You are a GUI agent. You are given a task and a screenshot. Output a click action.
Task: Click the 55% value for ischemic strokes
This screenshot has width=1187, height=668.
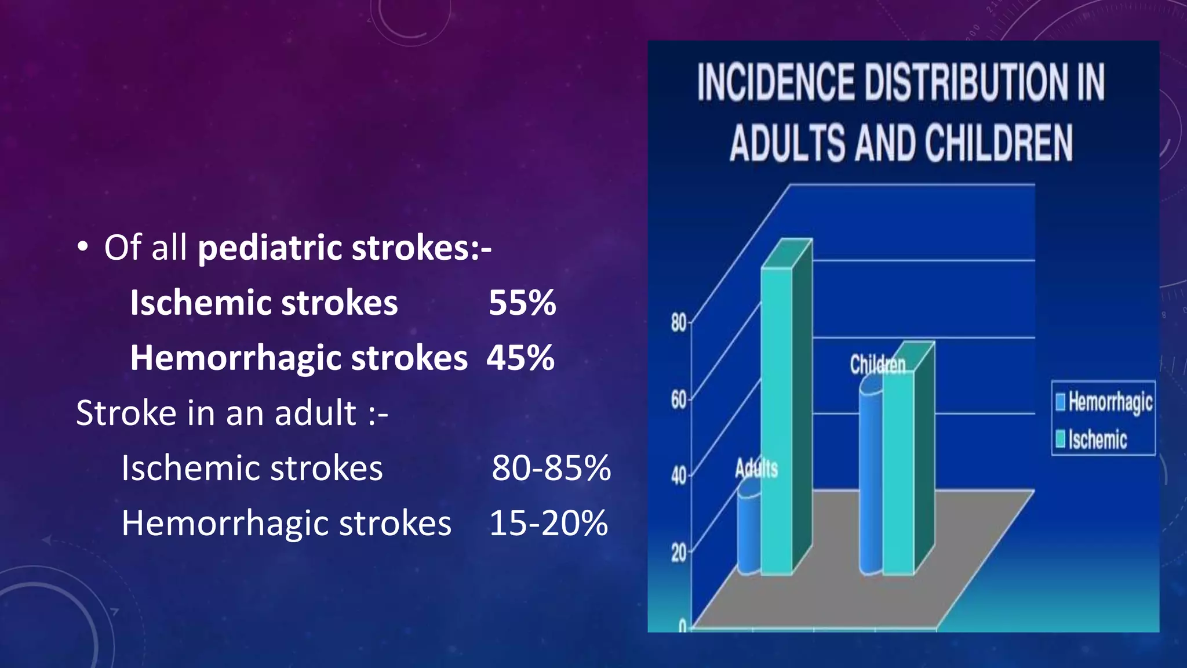point(522,303)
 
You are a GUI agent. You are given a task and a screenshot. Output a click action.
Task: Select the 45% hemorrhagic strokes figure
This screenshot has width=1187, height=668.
point(520,358)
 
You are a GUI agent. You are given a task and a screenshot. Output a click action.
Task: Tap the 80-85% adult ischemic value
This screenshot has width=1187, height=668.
point(551,468)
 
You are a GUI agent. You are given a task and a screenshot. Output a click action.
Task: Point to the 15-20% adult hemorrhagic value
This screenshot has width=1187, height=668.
point(549,523)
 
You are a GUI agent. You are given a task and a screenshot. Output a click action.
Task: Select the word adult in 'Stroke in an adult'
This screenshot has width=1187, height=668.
point(315,413)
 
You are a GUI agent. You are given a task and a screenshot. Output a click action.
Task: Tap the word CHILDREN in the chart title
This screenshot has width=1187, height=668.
point(998,143)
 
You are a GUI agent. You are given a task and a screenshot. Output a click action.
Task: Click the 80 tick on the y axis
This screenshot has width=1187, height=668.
point(678,322)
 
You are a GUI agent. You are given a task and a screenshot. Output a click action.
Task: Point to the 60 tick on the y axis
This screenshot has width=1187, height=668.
point(678,400)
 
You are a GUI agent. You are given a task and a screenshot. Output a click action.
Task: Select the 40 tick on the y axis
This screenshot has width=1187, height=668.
point(678,476)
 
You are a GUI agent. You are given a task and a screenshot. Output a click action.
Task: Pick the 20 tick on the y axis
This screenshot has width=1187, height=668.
point(678,553)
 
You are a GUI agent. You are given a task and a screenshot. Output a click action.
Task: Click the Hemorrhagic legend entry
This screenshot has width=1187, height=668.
point(1104,402)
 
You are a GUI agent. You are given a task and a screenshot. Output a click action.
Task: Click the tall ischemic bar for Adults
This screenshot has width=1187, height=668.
point(777,418)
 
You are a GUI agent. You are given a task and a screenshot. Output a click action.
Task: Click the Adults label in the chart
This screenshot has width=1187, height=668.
point(756,468)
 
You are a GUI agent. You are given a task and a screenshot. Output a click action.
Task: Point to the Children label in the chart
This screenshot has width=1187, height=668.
point(877,365)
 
